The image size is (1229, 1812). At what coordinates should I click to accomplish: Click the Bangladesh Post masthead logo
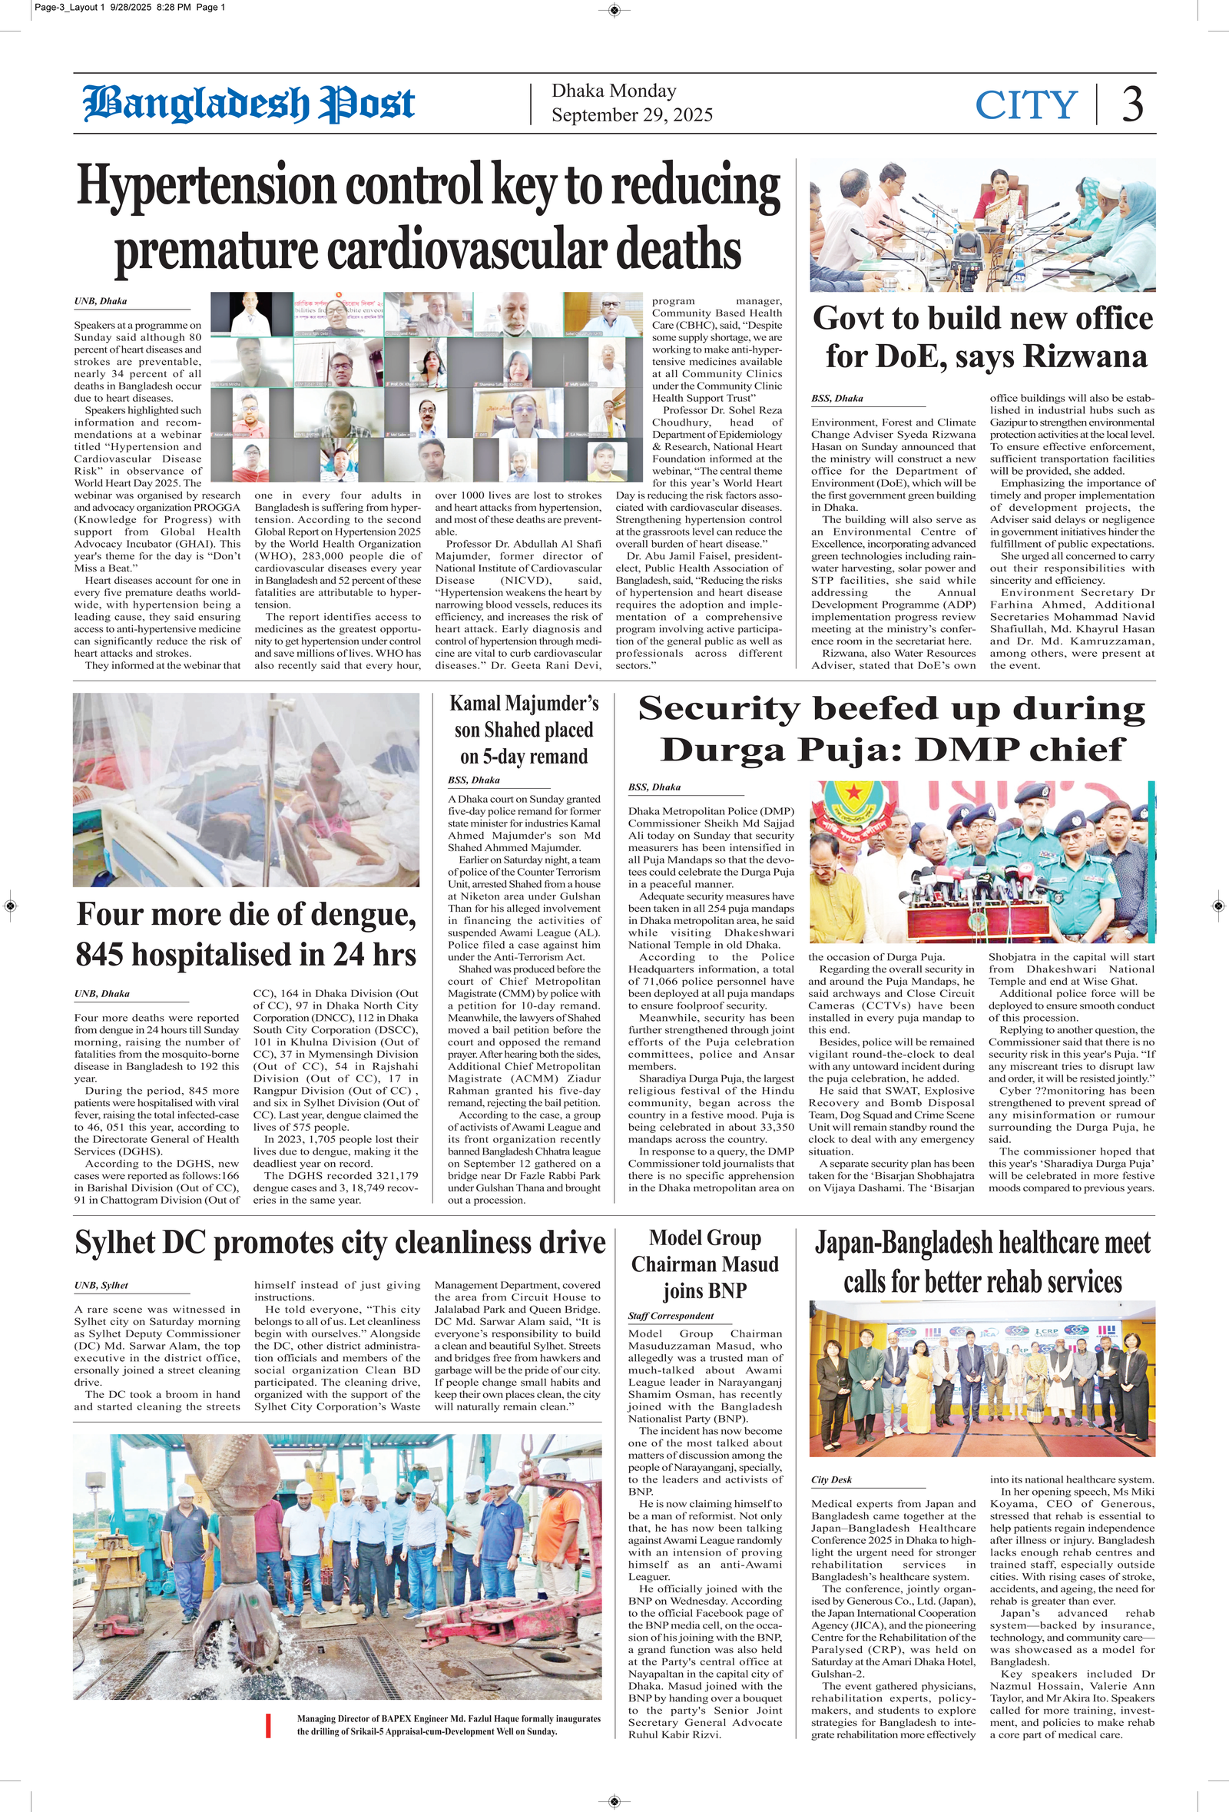tap(249, 104)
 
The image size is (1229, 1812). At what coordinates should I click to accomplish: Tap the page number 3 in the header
tap(1132, 104)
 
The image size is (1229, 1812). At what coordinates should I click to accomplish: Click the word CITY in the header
tap(1025, 104)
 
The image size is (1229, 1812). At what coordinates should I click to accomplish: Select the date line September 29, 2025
tap(631, 115)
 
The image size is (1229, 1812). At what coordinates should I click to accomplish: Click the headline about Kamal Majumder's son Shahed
tap(523, 730)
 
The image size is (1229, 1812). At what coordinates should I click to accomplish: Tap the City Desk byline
tap(831, 1479)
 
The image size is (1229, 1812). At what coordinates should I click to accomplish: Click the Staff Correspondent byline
tap(671, 1316)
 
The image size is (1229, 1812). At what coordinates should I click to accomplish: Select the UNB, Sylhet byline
tap(101, 1285)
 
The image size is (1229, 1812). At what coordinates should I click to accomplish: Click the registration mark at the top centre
tap(614, 9)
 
